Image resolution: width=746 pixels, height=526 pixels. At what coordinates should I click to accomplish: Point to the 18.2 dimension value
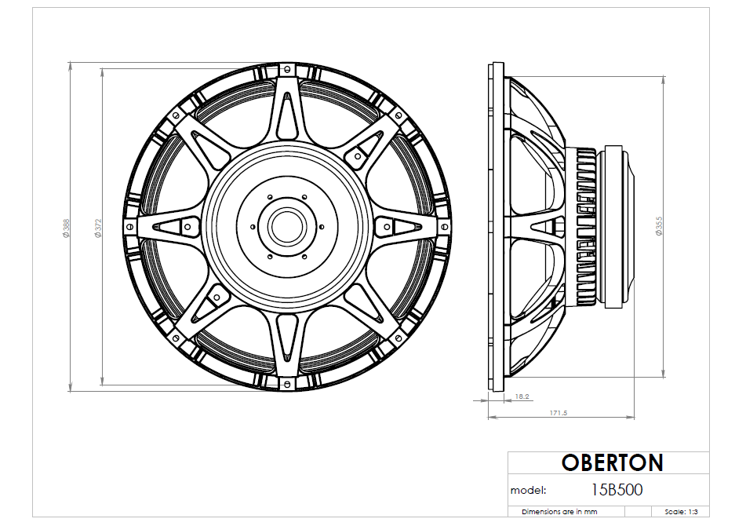521,397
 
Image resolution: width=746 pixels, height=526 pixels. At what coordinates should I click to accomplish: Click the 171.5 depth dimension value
559,412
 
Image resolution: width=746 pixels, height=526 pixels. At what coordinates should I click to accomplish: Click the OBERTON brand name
612,462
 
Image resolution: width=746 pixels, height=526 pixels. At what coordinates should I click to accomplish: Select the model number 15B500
617,490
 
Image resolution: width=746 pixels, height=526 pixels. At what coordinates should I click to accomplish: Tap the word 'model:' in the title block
529,491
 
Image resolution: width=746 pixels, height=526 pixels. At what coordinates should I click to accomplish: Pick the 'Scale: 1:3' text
682,511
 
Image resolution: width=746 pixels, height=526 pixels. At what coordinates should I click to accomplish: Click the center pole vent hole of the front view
286,226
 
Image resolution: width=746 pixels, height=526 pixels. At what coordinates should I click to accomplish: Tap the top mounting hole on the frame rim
286,68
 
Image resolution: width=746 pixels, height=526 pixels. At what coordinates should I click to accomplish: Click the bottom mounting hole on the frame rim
286,385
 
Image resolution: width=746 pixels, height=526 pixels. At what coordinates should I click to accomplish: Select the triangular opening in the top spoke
286,118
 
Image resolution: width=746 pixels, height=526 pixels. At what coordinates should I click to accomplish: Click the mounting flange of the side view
494,226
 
